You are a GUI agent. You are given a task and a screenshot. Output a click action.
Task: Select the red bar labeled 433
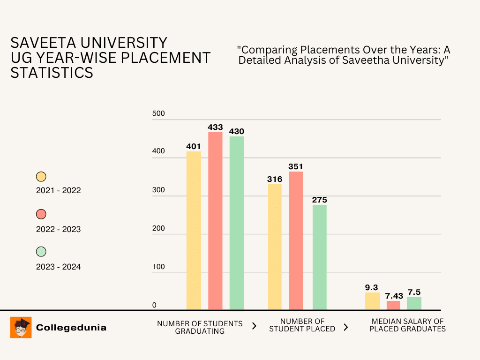pyautogui.click(x=215, y=221)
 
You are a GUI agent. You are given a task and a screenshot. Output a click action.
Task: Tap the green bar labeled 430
pyautogui.click(x=236, y=223)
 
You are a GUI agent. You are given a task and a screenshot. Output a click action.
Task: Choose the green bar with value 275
pyautogui.click(x=319, y=257)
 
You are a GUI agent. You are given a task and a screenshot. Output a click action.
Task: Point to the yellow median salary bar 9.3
pyautogui.click(x=372, y=301)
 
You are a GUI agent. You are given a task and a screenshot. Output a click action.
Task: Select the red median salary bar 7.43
pyautogui.click(x=393, y=305)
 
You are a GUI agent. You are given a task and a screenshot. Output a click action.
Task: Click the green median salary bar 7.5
pyautogui.click(x=414, y=303)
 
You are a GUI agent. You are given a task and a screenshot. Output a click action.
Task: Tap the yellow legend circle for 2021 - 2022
pyautogui.click(x=41, y=177)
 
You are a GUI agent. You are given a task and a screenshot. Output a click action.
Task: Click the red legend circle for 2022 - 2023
pyautogui.click(x=41, y=214)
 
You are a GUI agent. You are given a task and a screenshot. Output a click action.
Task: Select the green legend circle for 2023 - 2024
pyautogui.click(x=41, y=252)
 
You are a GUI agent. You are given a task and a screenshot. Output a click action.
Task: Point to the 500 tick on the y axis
pyautogui.click(x=158, y=113)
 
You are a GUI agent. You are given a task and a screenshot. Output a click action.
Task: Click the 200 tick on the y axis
pyautogui.click(x=158, y=229)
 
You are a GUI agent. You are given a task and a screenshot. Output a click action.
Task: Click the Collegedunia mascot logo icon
pyautogui.click(x=21, y=327)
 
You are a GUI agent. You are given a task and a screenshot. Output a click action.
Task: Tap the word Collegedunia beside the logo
pyautogui.click(x=71, y=328)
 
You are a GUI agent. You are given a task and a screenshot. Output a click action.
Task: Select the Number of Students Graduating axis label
pyautogui.click(x=200, y=327)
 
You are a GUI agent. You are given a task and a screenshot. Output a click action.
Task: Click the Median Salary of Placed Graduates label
pyautogui.click(x=407, y=325)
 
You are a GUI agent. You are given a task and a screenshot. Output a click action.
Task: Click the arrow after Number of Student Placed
pyautogui.click(x=346, y=327)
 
